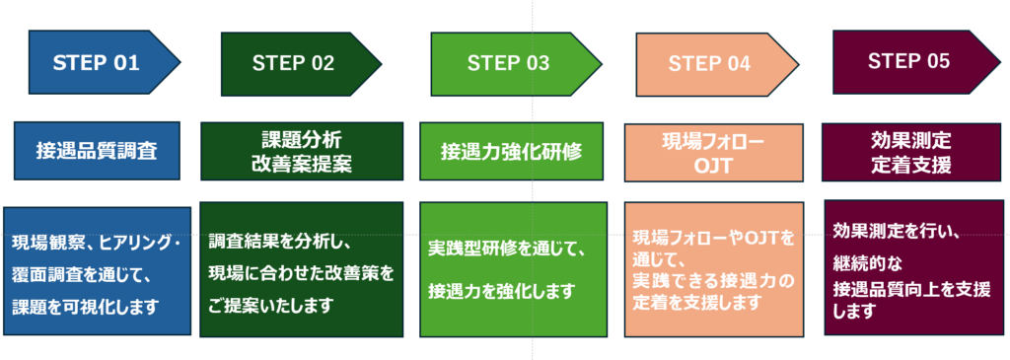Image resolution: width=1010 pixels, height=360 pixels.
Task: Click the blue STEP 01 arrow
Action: (x=103, y=62)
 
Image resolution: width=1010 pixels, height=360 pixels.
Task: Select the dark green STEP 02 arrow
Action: (x=300, y=63)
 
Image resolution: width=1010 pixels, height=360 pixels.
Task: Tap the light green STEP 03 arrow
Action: (x=515, y=63)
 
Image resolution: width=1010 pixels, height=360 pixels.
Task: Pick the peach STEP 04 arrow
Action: (x=716, y=64)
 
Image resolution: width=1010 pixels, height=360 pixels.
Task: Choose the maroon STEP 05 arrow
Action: (x=917, y=62)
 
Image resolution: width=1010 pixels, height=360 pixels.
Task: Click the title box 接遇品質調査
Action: (x=97, y=150)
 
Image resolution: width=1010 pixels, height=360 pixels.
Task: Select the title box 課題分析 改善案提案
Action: (x=302, y=151)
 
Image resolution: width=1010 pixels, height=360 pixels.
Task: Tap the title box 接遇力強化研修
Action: (x=512, y=151)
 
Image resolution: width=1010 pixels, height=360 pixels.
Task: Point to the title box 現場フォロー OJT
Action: (x=714, y=153)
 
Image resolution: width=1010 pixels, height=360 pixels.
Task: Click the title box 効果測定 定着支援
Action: (x=910, y=152)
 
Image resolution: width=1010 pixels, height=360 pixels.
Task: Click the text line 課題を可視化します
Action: (x=85, y=307)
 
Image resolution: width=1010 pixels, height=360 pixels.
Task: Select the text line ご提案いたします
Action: (x=270, y=305)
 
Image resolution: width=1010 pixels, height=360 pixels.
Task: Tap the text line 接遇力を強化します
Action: (x=501, y=291)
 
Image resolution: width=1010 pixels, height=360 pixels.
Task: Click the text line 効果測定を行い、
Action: (x=897, y=231)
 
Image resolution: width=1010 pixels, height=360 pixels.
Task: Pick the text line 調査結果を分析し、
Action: (x=279, y=243)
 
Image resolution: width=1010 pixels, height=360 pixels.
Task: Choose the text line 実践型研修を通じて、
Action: (x=507, y=250)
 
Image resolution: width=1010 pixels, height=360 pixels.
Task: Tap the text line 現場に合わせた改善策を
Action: (x=301, y=274)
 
